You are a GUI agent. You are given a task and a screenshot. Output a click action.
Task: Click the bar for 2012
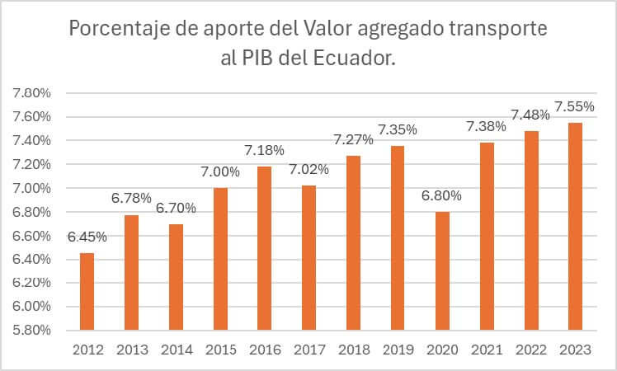(x=87, y=291)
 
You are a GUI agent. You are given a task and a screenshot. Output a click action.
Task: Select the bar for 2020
(x=443, y=270)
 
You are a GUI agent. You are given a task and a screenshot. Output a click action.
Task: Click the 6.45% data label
(x=87, y=237)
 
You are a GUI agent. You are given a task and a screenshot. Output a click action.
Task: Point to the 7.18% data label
(x=265, y=150)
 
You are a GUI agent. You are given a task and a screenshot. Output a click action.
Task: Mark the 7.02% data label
(x=309, y=169)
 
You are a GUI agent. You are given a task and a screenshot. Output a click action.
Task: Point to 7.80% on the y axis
(x=31, y=93)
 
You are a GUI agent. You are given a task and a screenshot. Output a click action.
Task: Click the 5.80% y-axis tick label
(x=31, y=330)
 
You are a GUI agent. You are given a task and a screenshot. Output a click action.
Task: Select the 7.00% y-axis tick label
(x=31, y=188)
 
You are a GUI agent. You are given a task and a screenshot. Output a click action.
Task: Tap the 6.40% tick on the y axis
(x=31, y=259)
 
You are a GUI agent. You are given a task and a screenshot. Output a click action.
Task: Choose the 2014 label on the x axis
(x=176, y=350)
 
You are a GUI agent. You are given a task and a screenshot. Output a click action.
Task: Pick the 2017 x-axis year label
(x=309, y=350)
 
